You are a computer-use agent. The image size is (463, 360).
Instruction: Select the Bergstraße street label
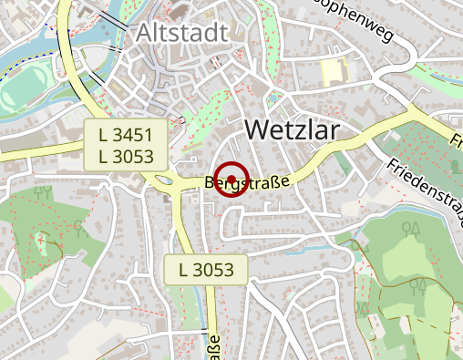point(248,182)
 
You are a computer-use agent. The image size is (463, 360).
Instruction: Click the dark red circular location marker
point(232,179)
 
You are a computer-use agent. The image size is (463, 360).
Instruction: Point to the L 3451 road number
point(130,135)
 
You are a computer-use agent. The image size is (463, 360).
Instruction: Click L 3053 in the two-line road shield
point(130,156)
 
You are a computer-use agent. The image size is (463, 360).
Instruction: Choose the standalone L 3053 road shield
point(207,269)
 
